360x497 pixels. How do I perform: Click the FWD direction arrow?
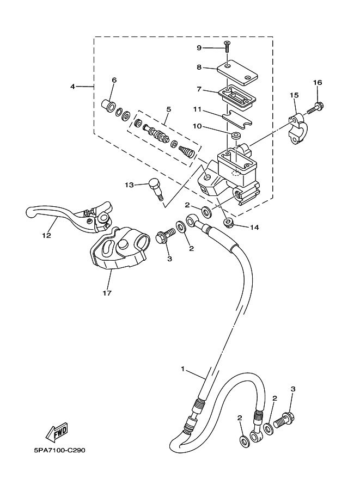tap(57, 432)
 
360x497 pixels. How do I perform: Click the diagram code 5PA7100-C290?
tap(59, 450)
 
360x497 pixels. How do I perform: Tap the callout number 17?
tap(107, 293)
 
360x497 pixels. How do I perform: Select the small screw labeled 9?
tap(228, 47)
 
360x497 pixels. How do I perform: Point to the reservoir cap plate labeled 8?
tap(237, 72)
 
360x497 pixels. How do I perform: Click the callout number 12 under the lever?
tap(47, 236)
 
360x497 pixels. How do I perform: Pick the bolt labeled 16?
tap(313, 108)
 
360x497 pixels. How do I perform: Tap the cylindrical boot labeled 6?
tap(108, 105)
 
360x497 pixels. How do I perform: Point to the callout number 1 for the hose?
tap(182, 369)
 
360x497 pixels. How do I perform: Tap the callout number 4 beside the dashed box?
tap(72, 86)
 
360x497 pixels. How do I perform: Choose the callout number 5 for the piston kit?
tap(168, 109)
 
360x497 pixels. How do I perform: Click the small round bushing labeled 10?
tap(235, 136)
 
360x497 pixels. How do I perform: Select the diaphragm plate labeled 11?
tap(237, 120)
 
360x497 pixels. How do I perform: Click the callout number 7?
tap(199, 89)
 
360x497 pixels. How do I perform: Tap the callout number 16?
tap(318, 82)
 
